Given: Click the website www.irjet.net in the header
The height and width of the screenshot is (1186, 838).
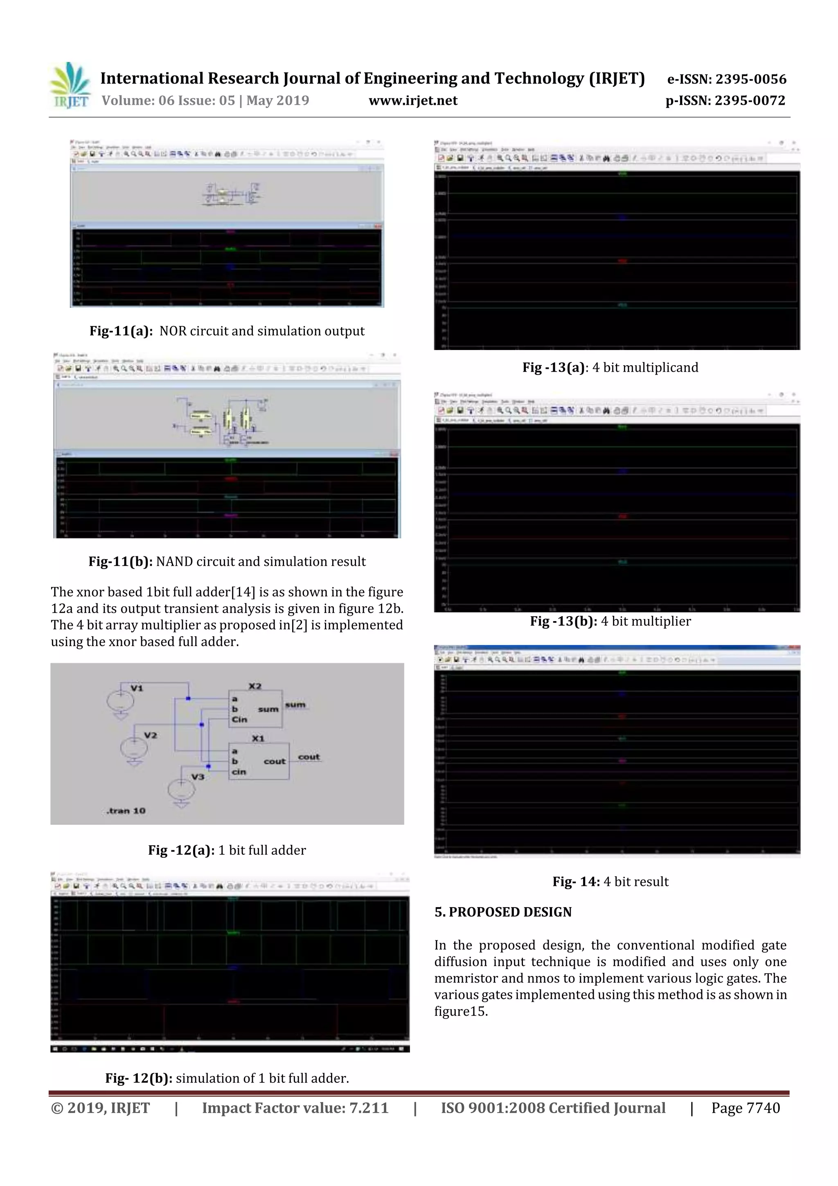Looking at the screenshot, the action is tap(412, 101).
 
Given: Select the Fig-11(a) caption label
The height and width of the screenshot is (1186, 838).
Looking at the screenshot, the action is tap(121, 331).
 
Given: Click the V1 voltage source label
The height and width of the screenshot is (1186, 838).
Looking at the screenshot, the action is tap(137, 688).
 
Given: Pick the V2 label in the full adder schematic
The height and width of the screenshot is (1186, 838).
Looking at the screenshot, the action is tap(150, 735).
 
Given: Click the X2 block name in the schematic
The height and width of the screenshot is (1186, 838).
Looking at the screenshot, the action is tap(255, 686).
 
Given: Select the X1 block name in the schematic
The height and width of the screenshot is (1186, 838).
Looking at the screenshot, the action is tap(258, 739).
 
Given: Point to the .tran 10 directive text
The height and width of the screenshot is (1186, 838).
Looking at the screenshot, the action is tap(126, 811).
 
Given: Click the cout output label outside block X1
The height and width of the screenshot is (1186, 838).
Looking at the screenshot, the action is tap(309, 757).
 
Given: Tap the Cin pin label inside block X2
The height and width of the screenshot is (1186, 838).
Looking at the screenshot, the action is tap(240, 719).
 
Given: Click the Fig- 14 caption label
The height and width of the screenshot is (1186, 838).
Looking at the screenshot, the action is tap(576, 881).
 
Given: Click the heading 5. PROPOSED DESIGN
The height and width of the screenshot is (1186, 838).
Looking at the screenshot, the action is tap(503, 912).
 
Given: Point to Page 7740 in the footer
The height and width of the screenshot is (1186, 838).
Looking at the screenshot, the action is tap(745, 1108).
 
